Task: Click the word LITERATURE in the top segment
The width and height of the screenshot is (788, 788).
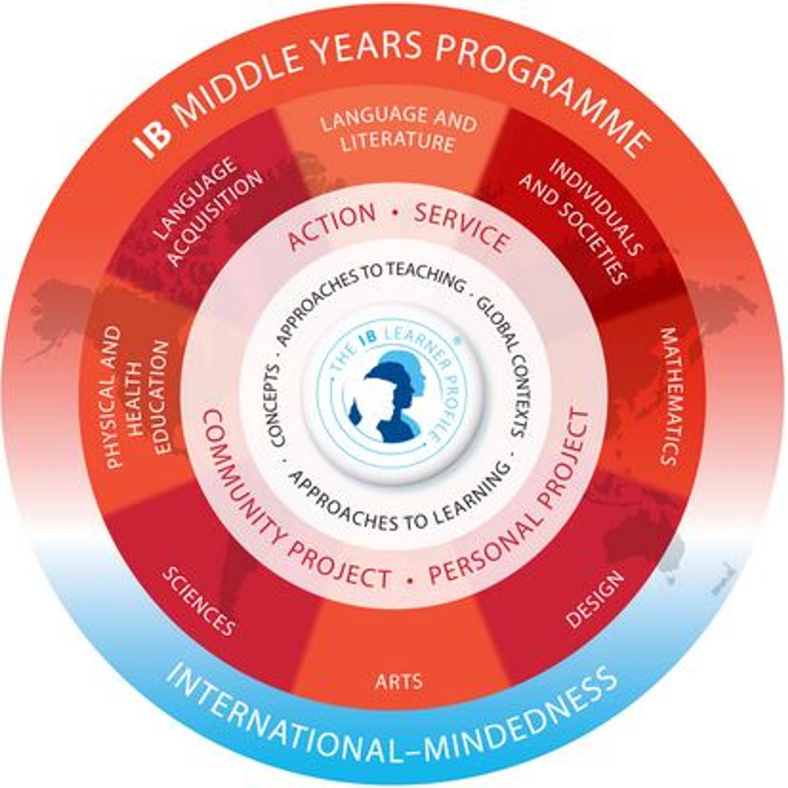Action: [x=398, y=143]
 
